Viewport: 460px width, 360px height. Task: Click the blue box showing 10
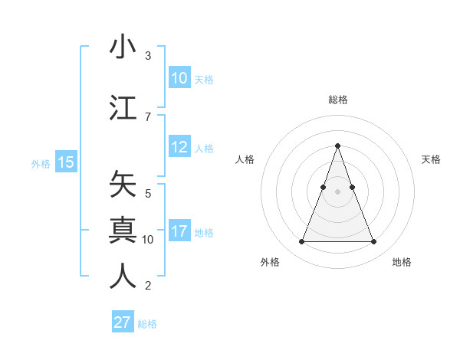[x=179, y=78]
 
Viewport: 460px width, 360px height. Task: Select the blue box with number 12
[x=179, y=148]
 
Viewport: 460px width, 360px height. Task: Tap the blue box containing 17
[x=179, y=232]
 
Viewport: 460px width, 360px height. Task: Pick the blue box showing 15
[x=65, y=162]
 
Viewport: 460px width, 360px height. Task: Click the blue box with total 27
[x=123, y=322]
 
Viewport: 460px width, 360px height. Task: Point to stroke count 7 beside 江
[x=147, y=116]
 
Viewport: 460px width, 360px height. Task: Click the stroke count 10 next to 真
[x=148, y=239]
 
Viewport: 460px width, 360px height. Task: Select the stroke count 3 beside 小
[x=147, y=56]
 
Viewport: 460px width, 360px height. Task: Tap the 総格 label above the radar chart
[x=337, y=100]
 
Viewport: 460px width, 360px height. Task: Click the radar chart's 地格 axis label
[x=402, y=262]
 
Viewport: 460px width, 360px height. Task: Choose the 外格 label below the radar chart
[x=270, y=262]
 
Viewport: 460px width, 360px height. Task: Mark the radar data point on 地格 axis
[x=373, y=242]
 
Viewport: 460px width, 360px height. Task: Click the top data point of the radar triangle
[x=337, y=146]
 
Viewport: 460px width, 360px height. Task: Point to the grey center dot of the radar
[x=337, y=192]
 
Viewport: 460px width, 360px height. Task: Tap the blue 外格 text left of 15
[x=41, y=163]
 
